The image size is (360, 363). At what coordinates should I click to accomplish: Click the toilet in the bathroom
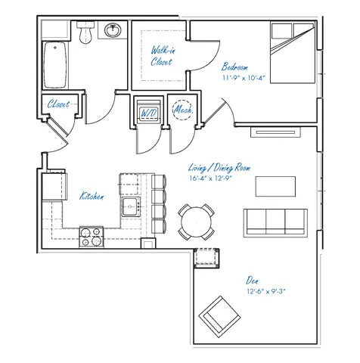[x=85, y=32]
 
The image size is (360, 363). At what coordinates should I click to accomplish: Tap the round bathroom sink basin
[x=113, y=30]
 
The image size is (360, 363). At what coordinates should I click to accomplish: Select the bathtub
[x=55, y=65]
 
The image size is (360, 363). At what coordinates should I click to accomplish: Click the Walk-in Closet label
[x=163, y=56]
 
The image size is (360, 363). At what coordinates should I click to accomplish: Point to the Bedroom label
[x=234, y=67]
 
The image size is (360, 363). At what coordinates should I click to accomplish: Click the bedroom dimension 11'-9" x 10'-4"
[x=244, y=78]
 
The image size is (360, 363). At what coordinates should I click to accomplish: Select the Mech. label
[x=183, y=110]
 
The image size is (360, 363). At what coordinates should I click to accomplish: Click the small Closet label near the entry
[x=58, y=104]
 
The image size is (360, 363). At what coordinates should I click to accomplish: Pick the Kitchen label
[x=92, y=196]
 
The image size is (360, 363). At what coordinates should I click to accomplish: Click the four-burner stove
[x=92, y=237]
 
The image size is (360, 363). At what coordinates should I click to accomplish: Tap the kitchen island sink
[x=131, y=206]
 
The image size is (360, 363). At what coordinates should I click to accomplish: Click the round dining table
[x=197, y=222]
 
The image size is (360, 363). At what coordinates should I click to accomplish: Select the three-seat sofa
[x=275, y=223]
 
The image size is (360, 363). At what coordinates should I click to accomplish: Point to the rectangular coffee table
[x=275, y=186]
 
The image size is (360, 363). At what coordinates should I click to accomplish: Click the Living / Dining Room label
[x=219, y=168]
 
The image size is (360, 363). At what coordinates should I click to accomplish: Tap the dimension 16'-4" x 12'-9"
[x=210, y=178]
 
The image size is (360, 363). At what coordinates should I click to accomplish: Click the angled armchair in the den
[x=219, y=317]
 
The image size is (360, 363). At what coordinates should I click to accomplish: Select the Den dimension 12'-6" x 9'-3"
[x=266, y=291]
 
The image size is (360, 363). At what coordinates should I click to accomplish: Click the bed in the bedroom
[x=293, y=53]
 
